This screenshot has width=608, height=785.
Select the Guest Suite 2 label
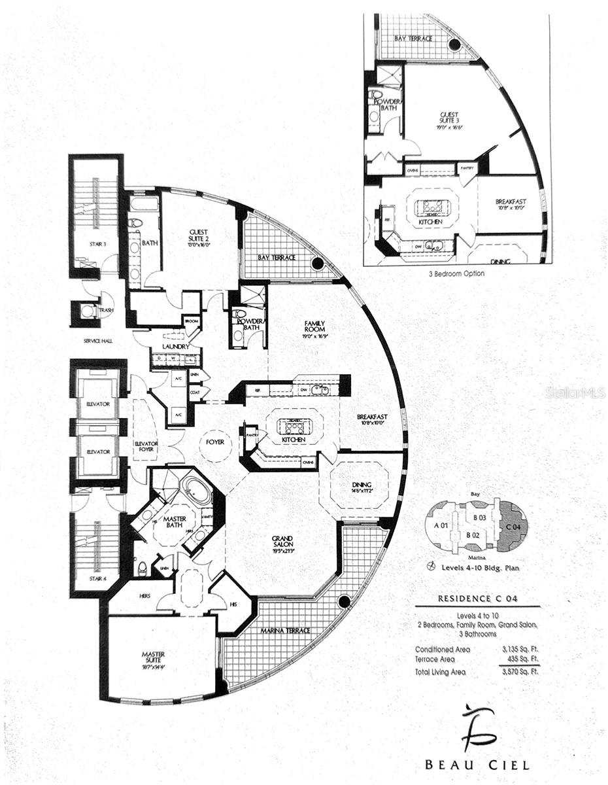pyautogui.click(x=198, y=235)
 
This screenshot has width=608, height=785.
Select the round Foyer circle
pyautogui.click(x=215, y=442)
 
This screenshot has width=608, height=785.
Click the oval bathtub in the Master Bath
pyautogui.click(x=196, y=490)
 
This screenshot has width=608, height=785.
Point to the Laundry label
pyautogui.click(x=177, y=347)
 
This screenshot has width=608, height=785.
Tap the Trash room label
pyautogui.click(x=105, y=310)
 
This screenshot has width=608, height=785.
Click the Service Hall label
pyautogui.click(x=99, y=341)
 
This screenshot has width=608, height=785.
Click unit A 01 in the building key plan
pyautogui.click(x=441, y=525)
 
